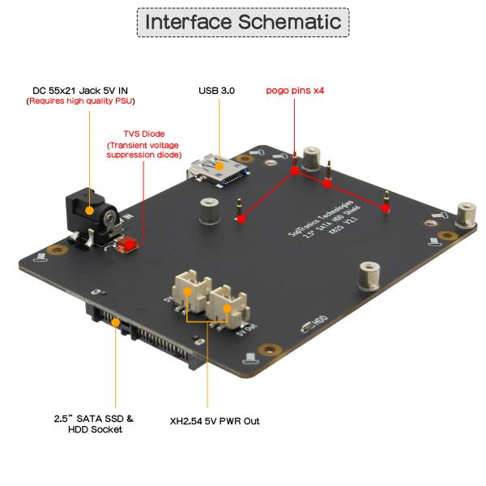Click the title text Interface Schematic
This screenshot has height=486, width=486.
243,22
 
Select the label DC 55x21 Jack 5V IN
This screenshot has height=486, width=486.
80,90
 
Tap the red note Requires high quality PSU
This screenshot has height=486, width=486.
80,101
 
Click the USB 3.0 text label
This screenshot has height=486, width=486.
216,91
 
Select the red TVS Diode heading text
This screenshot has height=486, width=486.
144,134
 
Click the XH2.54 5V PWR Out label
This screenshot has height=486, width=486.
215,421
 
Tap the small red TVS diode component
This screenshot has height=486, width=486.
126,244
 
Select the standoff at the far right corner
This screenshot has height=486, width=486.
467,215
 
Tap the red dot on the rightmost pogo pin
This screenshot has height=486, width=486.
386,209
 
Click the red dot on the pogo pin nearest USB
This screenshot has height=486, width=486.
240,217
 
